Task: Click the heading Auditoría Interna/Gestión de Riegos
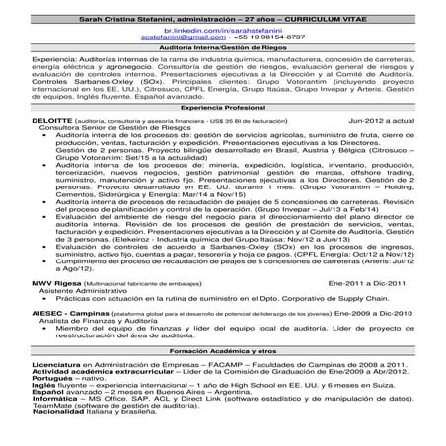coord(223,48)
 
